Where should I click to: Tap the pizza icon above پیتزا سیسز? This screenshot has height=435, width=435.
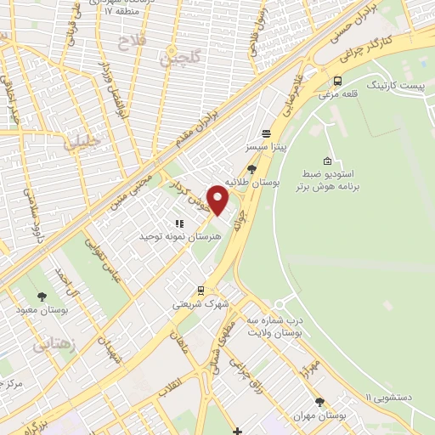(266, 133)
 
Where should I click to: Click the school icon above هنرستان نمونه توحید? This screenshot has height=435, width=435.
(178, 223)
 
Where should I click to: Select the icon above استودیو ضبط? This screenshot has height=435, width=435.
(328, 161)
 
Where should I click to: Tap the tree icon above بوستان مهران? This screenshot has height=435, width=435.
(320, 402)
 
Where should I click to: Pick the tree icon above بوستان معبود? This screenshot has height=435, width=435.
(42, 297)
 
